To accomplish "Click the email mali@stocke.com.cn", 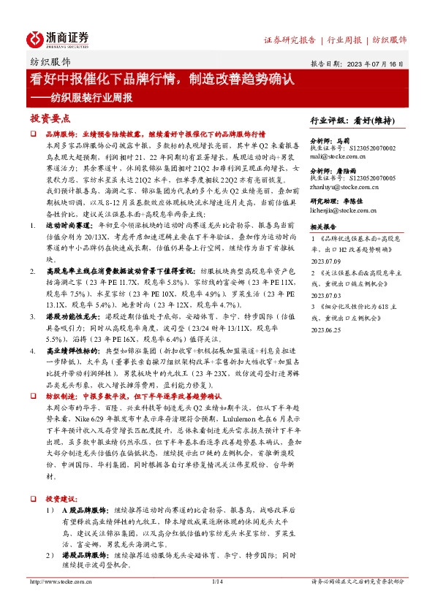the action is coord(335,156).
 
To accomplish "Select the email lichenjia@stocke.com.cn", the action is coord(341,210).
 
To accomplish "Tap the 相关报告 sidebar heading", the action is coord(324,228).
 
